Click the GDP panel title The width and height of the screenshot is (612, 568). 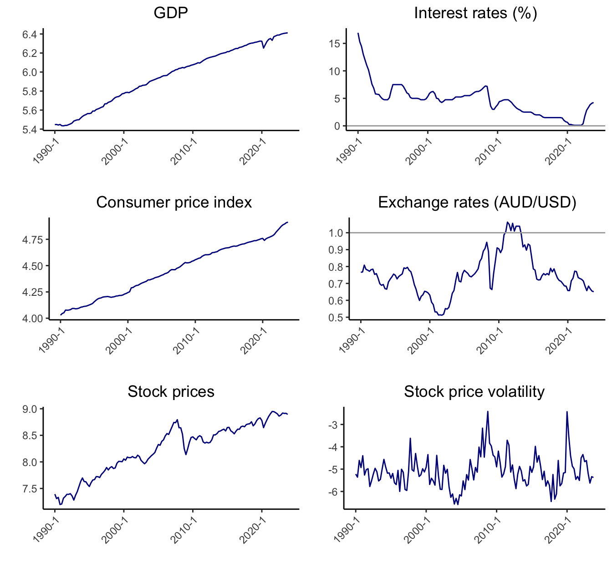(x=171, y=13)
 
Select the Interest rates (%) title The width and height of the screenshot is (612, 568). (x=475, y=13)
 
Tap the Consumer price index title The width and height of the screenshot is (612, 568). (x=174, y=203)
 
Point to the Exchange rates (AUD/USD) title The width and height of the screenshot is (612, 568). (x=477, y=203)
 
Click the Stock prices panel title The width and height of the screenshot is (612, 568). (x=171, y=392)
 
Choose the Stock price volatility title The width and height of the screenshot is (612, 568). (x=474, y=392)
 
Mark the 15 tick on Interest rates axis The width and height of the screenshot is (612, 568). (x=335, y=44)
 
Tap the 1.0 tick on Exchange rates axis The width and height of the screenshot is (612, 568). (x=338, y=233)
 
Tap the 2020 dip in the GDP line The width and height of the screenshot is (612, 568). (x=263, y=48)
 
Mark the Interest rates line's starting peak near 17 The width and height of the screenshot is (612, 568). (x=358, y=33)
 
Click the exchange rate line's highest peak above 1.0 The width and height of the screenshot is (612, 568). (x=507, y=222)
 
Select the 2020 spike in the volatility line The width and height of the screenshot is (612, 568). (x=567, y=412)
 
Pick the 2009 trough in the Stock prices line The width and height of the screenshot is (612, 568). (x=186, y=454)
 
